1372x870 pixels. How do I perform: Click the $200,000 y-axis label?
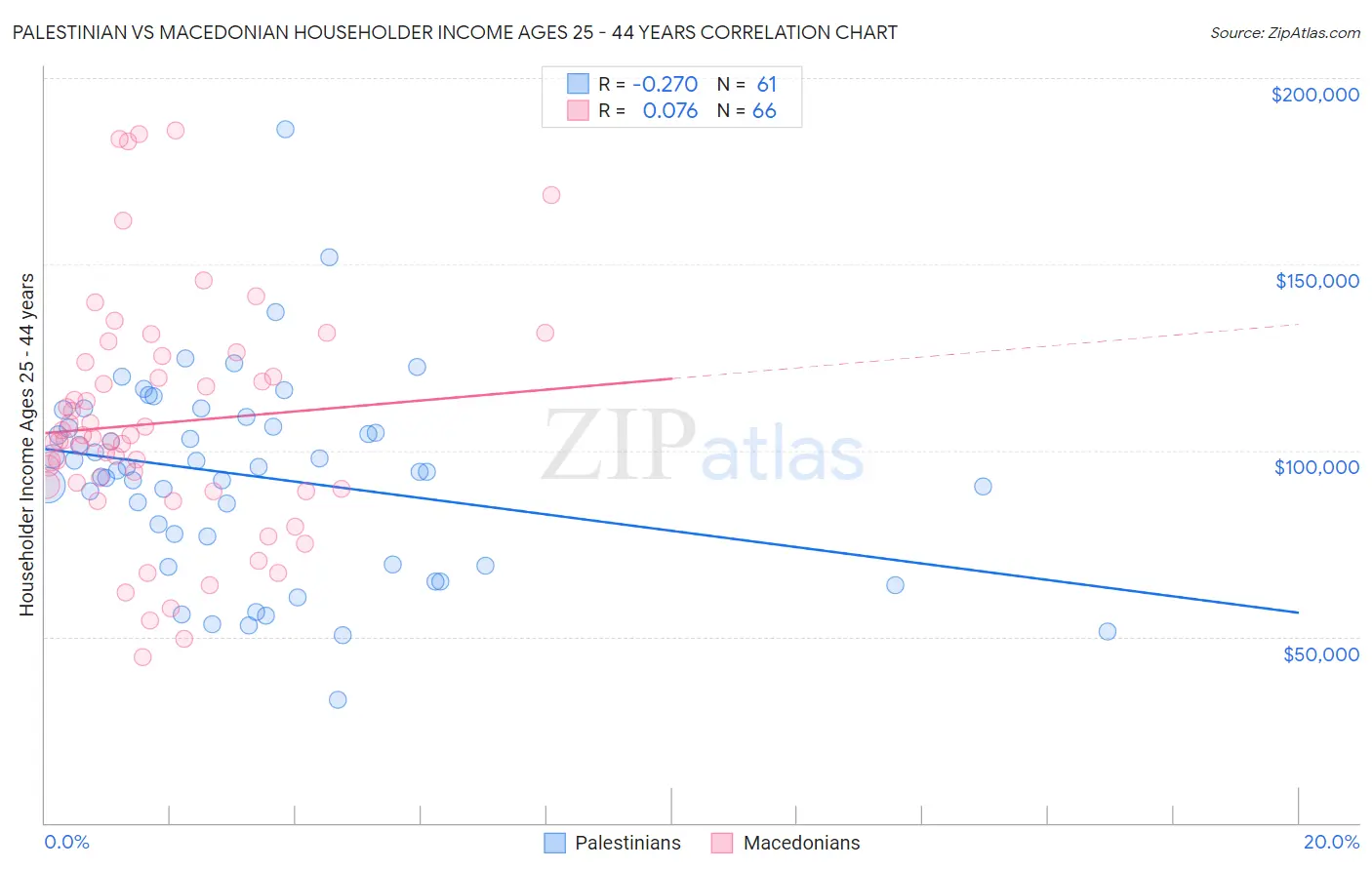click(1314, 95)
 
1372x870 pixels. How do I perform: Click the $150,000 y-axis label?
click(1316, 281)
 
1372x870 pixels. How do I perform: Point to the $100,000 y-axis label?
click(1316, 467)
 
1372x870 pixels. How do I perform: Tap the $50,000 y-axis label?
click(1320, 654)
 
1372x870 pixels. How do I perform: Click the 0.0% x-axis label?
click(66, 842)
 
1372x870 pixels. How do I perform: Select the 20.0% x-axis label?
click(1331, 842)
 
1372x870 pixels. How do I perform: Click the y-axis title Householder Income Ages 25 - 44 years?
click(27, 445)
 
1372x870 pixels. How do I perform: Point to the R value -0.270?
click(665, 85)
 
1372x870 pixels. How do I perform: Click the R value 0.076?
click(669, 111)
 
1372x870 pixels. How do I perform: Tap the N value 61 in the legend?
click(766, 85)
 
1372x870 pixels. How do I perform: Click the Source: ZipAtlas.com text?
click(1284, 32)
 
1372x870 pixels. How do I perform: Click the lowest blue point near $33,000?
click(338, 699)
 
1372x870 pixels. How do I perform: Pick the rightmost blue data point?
click(1108, 631)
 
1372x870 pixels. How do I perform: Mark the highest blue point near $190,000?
click(285, 129)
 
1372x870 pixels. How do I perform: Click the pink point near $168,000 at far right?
click(551, 195)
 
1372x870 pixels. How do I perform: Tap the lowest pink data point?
click(142, 657)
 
